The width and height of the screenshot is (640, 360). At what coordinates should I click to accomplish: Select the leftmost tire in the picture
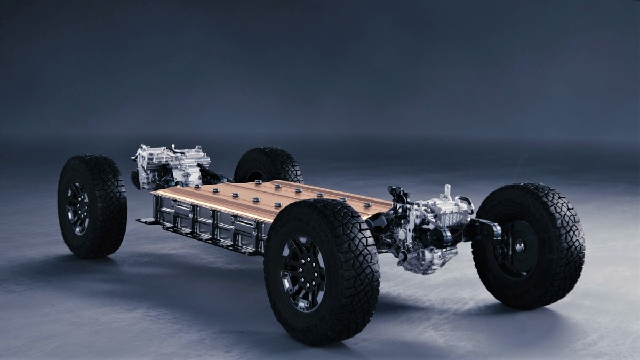pyautogui.click(x=92, y=206)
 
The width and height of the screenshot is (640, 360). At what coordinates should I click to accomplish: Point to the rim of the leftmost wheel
pyautogui.click(x=77, y=208)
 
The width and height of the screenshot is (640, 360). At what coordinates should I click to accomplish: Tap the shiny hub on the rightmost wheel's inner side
pyautogui.click(x=518, y=246)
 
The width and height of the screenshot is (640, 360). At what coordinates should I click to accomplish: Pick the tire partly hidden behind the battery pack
pyautogui.click(x=269, y=165)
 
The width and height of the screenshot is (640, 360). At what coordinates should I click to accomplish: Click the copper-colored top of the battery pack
pyautogui.click(x=277, y=198)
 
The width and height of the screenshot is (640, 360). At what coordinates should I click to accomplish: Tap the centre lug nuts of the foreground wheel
pyautogui.click(x=303, y=273)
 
